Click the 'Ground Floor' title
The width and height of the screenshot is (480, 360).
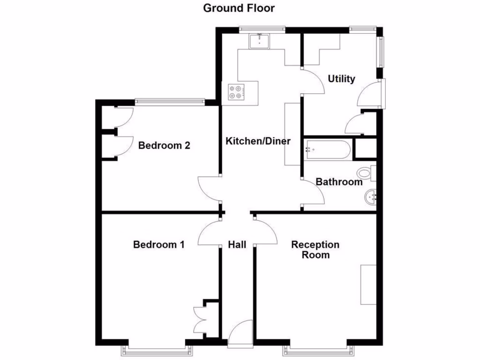[239, 8]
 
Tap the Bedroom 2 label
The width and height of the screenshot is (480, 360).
[164, 145]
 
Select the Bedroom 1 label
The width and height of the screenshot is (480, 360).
[159, 245]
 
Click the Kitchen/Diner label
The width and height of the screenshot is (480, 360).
[258, 141]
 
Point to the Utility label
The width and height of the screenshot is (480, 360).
[341, 79]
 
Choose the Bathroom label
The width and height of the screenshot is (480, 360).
[339, 182]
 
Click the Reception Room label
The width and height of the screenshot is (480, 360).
[315, 250]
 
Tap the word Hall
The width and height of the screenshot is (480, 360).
[237, 245]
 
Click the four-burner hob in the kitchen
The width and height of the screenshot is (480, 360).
[236, 91]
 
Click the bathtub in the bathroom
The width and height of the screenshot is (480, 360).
[327, 150]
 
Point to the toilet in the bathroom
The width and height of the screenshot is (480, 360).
[366, 173]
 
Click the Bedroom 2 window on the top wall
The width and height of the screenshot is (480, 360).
[170, 100]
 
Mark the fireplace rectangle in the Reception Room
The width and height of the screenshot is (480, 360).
[368, 285]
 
